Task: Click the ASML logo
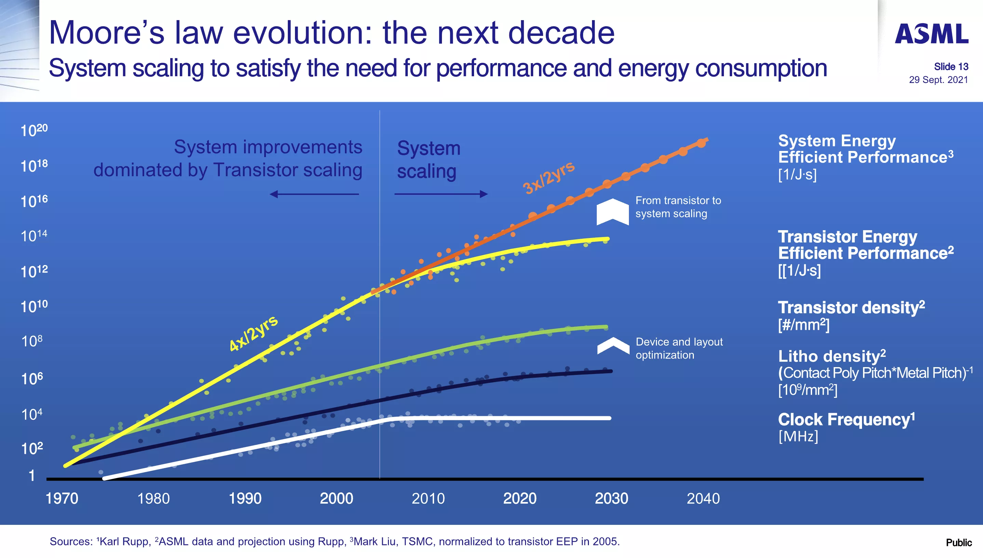coord(932,34)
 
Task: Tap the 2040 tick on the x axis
coord(703,499)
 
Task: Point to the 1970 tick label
coord(62,499)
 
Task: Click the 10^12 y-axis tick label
coord(34,272)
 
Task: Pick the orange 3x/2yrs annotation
coord(549,178)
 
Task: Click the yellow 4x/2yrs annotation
coord(253,333)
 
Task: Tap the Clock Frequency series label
coord(846,420)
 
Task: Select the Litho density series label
coord(832,357)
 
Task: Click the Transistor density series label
coord(851,308)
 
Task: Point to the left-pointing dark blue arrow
coord(314,194)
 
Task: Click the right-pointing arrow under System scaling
coord(441,194)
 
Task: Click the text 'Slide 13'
coord(951,67)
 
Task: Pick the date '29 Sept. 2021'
coord(938,80)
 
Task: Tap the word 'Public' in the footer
coord(958,543)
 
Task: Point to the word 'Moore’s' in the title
coord(107,33)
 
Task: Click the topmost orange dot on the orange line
coord(701,143)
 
